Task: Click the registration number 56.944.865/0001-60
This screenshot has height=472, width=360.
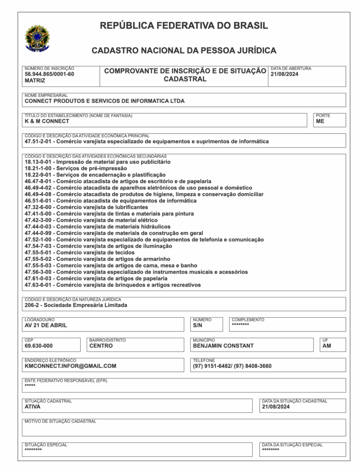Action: click(49, 74)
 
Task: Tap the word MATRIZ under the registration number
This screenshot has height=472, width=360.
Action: click(35, 80)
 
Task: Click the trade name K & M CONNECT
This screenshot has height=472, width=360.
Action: click(47, 121)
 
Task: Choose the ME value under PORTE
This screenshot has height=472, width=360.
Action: click(320, 121)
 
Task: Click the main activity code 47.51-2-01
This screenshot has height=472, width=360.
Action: click(40, 142)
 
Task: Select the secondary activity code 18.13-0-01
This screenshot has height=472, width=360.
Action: click(40, 162)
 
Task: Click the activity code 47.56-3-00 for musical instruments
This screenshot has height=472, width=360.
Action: click(40, 272)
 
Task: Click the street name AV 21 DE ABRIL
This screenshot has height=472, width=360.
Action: click(46, 325)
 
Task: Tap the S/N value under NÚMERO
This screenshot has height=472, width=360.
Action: click(198, 325)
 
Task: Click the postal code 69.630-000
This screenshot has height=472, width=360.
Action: click(39, 345)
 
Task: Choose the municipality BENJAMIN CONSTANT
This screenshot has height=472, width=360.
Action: click(223, 345)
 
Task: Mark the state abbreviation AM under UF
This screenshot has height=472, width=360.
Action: click(326, 345)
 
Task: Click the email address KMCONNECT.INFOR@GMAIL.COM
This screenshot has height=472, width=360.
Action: click(71, 366)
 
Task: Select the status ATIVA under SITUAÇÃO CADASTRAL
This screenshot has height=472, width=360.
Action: click(33, 407)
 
